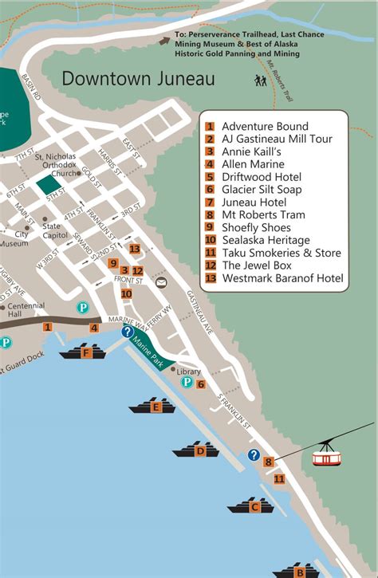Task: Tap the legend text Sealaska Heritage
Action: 266,240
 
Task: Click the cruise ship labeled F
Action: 85,352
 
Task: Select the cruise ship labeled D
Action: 199,450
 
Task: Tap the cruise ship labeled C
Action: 254,505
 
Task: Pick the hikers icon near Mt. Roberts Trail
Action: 260,81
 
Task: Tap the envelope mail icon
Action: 162,282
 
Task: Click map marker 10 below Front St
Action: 126,293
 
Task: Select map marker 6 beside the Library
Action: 201,384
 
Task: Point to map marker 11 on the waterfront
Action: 279,478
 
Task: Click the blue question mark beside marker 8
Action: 254,455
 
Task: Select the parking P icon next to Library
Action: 187,383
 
